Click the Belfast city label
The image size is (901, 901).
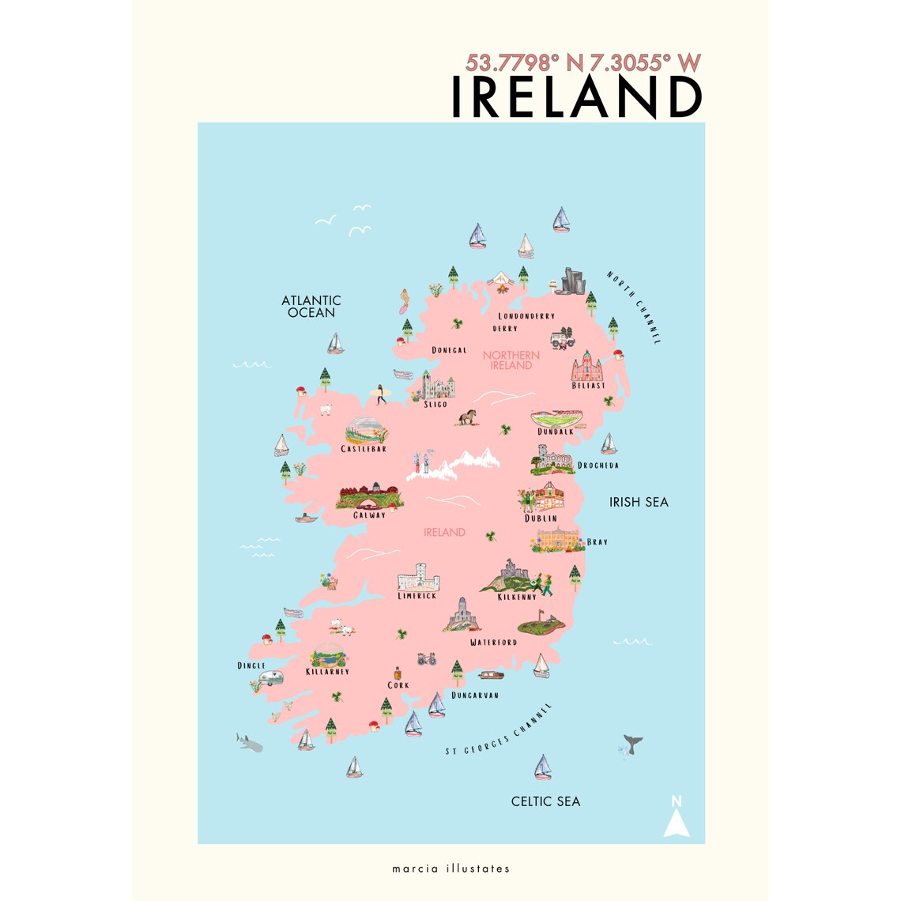click(588, 386)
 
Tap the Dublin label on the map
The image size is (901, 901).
click(541, 518)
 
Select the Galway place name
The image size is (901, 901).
click(369, 515)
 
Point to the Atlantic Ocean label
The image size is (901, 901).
click(311, 306)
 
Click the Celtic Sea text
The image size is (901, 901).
click(545, 801)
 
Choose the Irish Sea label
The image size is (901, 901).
click(639, 502)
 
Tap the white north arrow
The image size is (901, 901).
click(677, 819)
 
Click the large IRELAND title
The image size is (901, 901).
click(576, 97)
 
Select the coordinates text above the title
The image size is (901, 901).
click(583, 63)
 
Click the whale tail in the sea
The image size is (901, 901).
click(632, 743)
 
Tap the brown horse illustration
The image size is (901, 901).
click(467, 417)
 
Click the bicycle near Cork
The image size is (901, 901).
click(427, 658)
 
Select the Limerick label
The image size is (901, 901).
click(417, 596)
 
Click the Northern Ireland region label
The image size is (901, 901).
click(511, 360)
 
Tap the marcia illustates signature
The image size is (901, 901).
click(450, 869)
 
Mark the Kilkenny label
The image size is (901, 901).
click(517, 598)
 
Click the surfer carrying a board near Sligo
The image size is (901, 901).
click(379, 394)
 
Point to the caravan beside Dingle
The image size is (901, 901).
click(271, 677)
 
